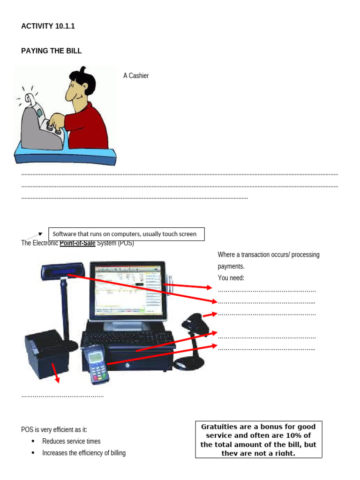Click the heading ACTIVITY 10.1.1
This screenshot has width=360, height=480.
[x=48, y=26]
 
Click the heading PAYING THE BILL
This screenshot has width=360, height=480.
[x=51, y=51]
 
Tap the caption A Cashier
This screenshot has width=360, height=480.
[x=136, y=75]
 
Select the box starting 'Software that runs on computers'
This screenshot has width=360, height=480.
[x=127, y=234]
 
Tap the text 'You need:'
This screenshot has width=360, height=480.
[x=231, y=278]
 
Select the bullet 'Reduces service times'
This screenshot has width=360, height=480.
[x=71, y=441]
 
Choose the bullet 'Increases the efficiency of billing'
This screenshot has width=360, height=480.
[x=84, y=453]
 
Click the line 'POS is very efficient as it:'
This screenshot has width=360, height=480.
[x=54, y=429]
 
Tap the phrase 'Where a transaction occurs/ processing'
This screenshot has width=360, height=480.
[x=268, y=255]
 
